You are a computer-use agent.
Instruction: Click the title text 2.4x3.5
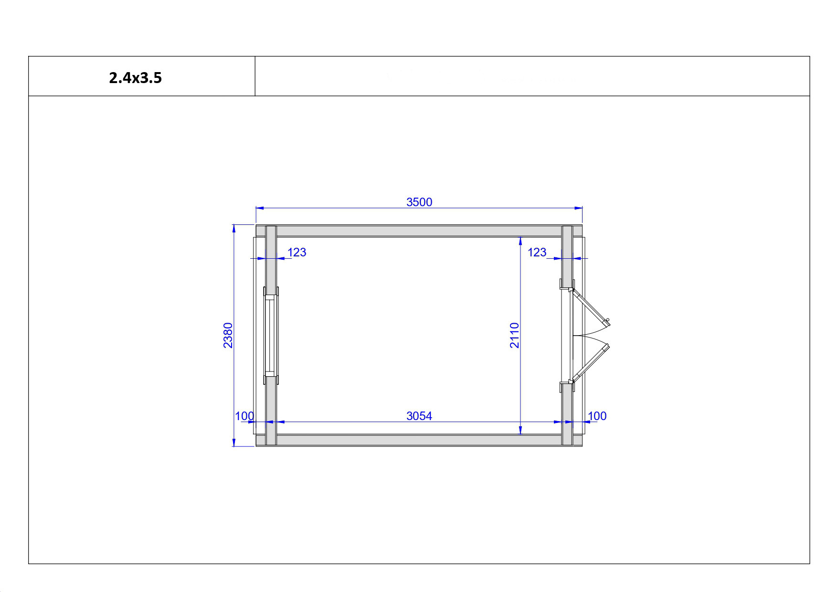[x=136, y=78]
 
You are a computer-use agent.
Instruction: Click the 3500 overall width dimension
[x=419, y=202]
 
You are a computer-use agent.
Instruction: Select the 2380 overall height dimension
[x=228, y=336]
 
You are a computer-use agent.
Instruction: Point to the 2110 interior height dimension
[x=514, y=336]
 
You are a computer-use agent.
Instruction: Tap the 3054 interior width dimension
[x=419, y=416]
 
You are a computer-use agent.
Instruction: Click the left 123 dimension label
[x=297, y=252]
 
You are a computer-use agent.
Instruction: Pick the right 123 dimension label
[x=537, y=252]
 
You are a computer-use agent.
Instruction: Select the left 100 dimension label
[x=244, y=416]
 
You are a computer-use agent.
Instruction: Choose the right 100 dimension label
[x=597, y=416]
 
